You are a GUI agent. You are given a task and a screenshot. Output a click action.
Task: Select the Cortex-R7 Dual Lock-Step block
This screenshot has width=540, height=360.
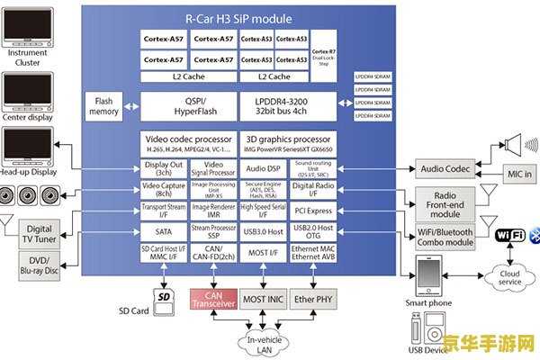coord(325,58)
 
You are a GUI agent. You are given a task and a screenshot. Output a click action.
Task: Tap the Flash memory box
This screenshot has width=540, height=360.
coord(104,107)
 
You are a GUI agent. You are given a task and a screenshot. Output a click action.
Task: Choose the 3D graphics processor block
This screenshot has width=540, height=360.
coord(288,144)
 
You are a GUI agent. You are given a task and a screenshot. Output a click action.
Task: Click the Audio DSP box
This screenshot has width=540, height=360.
coord(262,167)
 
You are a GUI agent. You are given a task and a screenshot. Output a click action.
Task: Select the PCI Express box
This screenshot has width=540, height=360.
coord(312,211)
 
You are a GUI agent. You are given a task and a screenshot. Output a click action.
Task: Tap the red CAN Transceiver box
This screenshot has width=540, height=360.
coord(213,299)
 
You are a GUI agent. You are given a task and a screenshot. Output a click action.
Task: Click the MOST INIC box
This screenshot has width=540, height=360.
coord(263,299)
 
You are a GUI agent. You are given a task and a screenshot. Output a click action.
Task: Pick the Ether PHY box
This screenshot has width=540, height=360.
coord(312,299)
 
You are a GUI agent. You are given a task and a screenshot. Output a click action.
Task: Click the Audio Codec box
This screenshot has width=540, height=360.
coord(446,168)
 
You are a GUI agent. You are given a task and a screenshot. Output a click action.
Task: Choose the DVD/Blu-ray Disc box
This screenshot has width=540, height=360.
coord(39,264)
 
